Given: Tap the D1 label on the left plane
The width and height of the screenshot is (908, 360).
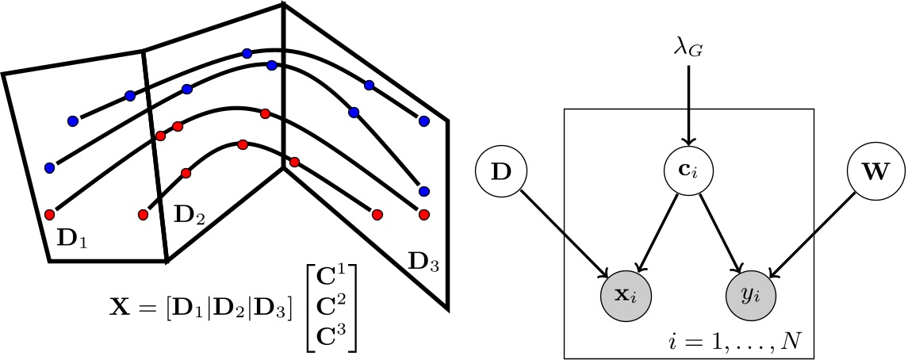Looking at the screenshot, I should (71, 237).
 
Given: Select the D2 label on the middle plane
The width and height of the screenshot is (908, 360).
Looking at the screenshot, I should (189, 213).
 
